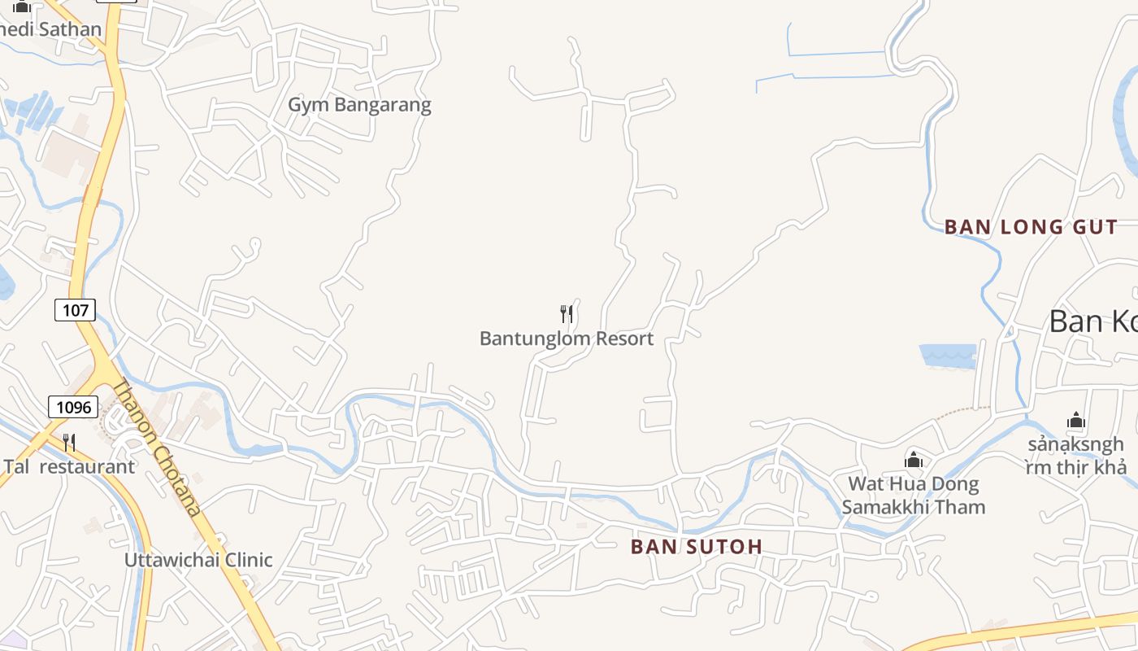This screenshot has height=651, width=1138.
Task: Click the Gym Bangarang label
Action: pos(359,105)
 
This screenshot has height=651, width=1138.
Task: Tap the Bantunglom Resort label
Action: pos(566,339)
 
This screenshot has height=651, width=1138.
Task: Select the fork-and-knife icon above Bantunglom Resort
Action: pos(567,314)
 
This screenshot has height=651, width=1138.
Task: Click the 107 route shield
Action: pos(76,309)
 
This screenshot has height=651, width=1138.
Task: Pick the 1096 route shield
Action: pos(72,406)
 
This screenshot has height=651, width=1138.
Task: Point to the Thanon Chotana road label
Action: pos(156,448)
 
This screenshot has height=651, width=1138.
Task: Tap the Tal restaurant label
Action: pos(69,467)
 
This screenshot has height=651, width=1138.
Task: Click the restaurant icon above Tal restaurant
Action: pos(69,443)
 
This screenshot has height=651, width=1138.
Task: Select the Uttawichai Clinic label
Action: pos(198,560)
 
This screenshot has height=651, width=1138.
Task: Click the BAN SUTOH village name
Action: pos(697,547)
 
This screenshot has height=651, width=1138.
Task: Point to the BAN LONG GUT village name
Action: pos(1031,227)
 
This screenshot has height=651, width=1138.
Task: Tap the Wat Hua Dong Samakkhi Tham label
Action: pos(914,496)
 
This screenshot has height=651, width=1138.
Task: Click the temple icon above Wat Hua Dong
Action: pos(914,461)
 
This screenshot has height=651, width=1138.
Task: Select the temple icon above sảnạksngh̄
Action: pos(1076,421)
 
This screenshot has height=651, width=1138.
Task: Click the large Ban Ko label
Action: pos(1092,321)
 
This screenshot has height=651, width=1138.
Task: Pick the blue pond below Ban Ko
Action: pos(948,356)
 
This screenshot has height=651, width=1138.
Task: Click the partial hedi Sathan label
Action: pos(50,29)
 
